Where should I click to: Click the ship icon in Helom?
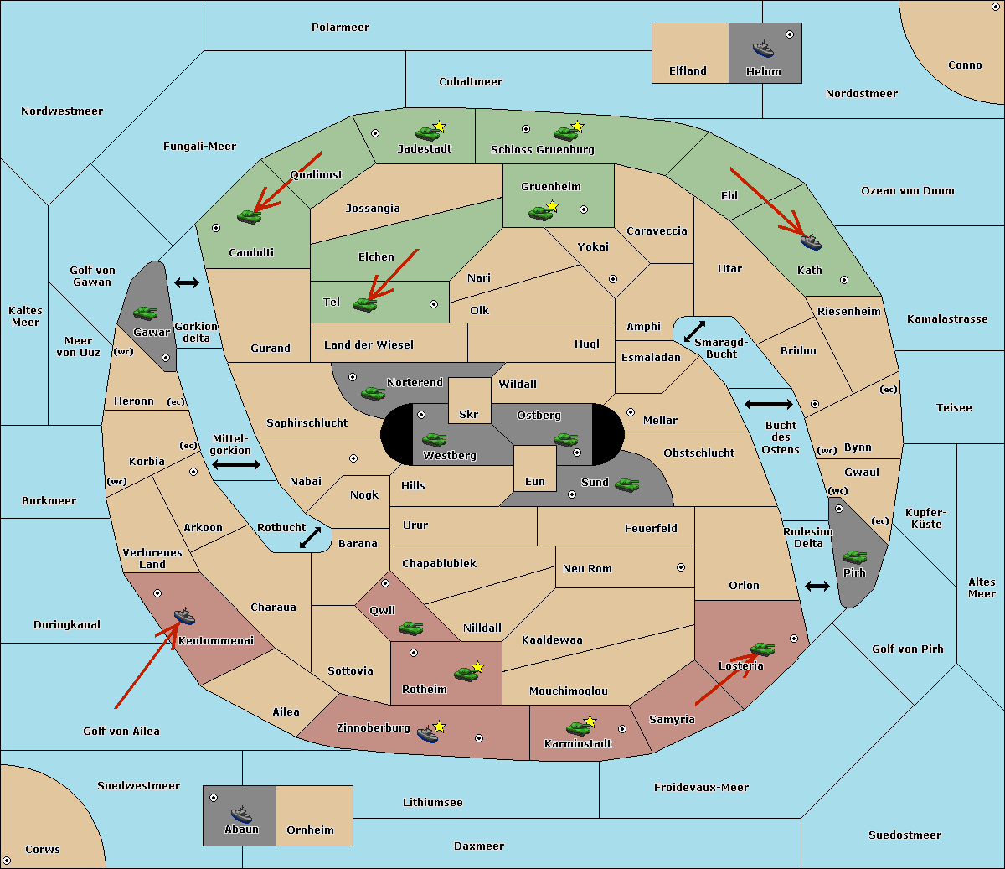763,49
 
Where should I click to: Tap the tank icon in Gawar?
146,313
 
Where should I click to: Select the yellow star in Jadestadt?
439,127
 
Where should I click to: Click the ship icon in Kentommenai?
185,616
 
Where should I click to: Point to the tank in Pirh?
855,556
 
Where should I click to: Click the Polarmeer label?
340,28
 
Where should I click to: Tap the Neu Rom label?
587,568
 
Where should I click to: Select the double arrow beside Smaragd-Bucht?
694,331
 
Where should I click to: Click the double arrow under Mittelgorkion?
236,464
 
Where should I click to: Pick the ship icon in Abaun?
241,814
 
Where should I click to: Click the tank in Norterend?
373,393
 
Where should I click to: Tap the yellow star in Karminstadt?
590,721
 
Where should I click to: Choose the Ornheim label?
310,830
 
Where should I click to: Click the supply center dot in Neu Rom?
681,567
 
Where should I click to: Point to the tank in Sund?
626,484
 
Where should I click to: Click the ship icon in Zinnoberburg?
428,734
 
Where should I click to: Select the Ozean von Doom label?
908,191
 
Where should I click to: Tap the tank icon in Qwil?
410,628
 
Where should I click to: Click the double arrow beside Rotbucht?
310,537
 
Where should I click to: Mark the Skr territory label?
468,414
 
